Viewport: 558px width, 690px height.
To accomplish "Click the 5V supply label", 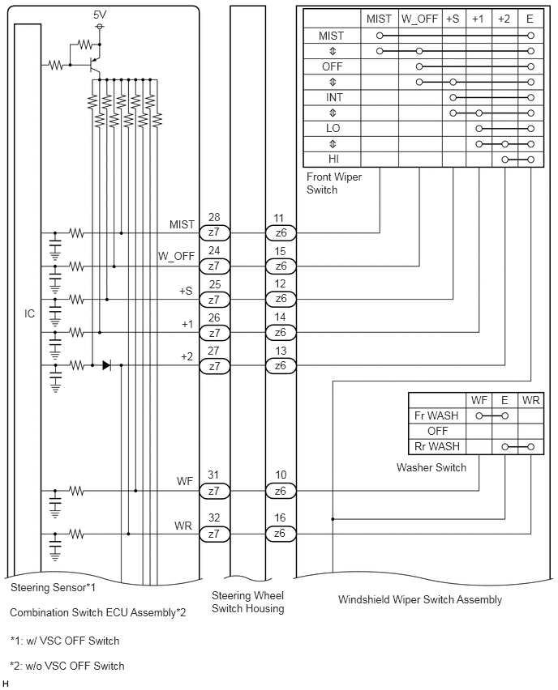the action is (100, 15).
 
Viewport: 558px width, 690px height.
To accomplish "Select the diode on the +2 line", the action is (106, 365).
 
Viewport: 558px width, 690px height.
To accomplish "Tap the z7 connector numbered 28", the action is (214, 232).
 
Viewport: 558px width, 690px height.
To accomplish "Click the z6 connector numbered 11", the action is (281, 232).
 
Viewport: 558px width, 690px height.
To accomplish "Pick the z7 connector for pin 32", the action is (214, 535).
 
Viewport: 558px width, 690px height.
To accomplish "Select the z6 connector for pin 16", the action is (281, 535).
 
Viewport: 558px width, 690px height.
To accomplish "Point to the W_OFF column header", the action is (419, 19).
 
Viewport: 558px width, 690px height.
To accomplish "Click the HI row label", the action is (333, 159).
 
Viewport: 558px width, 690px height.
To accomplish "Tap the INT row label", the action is (334, 97).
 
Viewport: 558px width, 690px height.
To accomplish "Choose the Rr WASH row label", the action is (437, 447).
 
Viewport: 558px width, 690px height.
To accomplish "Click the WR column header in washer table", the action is (530, 400).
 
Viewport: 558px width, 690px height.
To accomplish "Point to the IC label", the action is (29, 313).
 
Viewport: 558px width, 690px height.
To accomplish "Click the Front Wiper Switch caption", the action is (334, 184).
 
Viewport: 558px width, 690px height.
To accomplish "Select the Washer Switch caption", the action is (431, 467).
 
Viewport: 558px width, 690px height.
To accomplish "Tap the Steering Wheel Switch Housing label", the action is (247, 602).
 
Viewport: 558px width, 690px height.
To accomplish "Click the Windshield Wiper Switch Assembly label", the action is (420, 600).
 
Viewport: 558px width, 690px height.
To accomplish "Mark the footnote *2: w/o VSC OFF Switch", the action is (67, 666).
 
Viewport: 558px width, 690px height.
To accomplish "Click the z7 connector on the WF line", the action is (214, 491).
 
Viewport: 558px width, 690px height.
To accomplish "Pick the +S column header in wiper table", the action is (453, 19).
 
